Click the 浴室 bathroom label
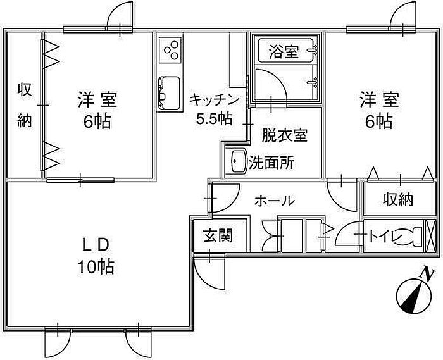tap(283, 52)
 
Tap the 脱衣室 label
tap(284, 135)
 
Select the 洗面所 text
tap(271, 162)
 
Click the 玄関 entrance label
tap(217, 235)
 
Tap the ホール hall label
tap(274, 201)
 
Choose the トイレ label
tap(383, 237)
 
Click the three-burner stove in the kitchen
tap(170, 49)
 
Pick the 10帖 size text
tap(97, 267)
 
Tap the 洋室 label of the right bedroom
tap(380, 99)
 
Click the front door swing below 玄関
tap(209, 269)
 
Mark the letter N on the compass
tap(428, 274)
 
